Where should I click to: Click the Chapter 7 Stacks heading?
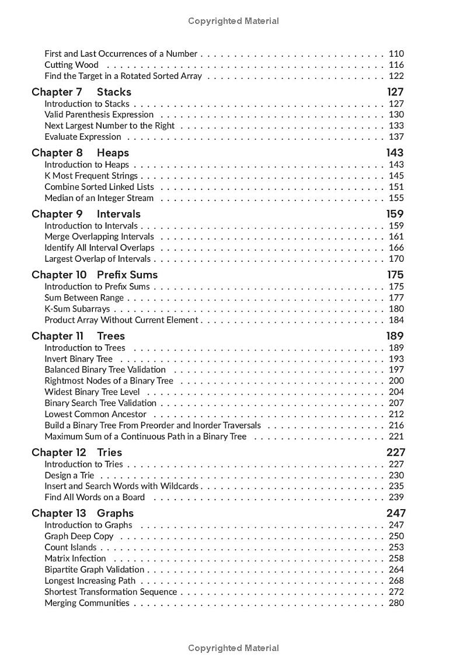81,92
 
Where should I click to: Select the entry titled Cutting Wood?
71,65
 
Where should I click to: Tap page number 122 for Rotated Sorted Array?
396,76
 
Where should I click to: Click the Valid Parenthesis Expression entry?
99,115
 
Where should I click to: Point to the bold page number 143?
395,153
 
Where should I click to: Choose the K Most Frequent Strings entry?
91,176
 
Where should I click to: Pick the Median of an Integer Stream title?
99,198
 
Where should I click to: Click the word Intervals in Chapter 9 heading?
119,214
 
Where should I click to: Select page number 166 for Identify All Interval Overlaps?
396,248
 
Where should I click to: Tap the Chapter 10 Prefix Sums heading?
95,275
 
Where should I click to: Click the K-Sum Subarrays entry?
77,309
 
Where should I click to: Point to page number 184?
396,320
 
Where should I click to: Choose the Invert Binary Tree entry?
79,359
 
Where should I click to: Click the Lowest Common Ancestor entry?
95,414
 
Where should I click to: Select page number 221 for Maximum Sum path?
396,437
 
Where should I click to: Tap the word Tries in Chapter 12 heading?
109,452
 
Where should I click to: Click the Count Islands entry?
70,548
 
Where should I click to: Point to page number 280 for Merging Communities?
396,603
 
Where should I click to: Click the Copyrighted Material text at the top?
233,21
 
